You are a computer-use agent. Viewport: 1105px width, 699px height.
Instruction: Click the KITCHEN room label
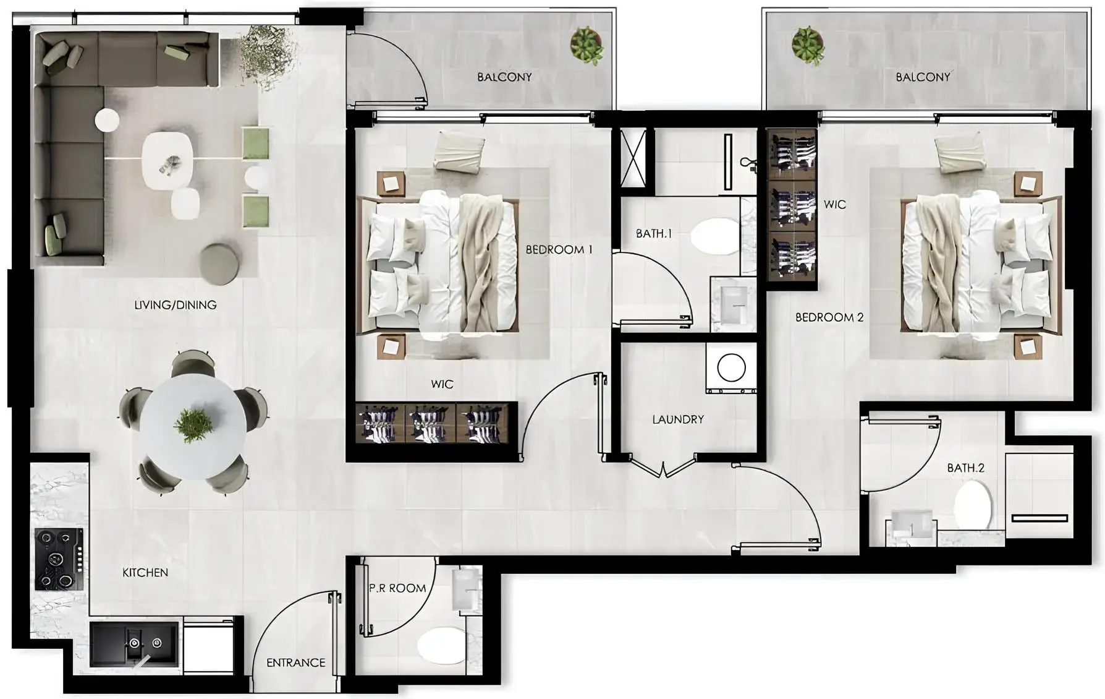pyautogui.click(x=145, y=573)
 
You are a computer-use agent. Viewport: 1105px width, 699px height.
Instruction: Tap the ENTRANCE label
pyautogui.click(x=295, y=663)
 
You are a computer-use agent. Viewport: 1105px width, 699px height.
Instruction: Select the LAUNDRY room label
pyautogui.click(x=678, y=419)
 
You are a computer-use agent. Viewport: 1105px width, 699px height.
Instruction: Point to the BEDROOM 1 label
pyautogui.click(x=559, y=250)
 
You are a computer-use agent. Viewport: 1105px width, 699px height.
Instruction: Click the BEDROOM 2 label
pyautogui.click(x=829, y=317)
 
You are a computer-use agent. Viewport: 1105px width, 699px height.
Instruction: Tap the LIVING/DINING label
pyautogui.click(x=176, y=305)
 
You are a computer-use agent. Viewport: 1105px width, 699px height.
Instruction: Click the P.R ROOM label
pyautogui.click(x=397, y=588)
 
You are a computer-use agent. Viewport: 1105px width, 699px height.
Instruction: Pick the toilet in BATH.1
pyautogui.click(x=714, y=236)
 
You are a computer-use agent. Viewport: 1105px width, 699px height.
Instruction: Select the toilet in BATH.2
pyautogui.click(x=972, y=504)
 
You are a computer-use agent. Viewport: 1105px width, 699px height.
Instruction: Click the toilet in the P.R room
pyautogui.click(x=441, y=646)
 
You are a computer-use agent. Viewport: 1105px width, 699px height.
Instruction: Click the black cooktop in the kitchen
pyautogui.click(x=59, y=559)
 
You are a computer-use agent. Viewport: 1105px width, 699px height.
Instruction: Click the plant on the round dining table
pyautogui.click(x=193, y=425)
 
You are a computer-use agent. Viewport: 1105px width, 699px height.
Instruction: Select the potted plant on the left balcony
pyautogui.click(x=586, y=45)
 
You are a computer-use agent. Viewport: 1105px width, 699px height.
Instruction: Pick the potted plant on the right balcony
pyautogui.click(x=808, y=45)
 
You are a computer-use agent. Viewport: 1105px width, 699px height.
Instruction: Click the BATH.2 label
pyautogui.click(x=965, y=468)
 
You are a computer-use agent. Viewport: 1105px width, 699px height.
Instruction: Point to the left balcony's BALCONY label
pyautogui.click(x=504, y=77)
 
